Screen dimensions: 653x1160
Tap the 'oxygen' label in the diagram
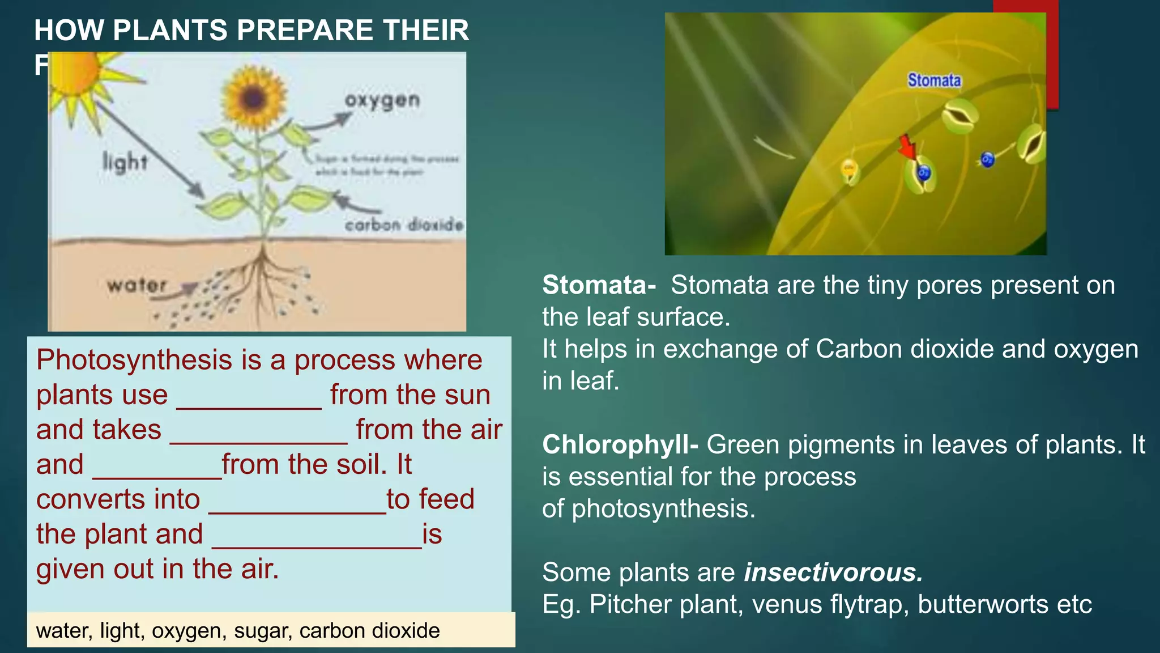pos(382,100)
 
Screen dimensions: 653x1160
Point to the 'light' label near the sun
pos(125,162)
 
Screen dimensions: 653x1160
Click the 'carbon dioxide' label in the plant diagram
pos(404,225)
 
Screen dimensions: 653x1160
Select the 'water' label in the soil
pos(137,285)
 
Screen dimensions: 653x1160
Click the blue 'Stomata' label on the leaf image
pos(934,80)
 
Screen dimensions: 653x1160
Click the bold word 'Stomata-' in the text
pos(599,285)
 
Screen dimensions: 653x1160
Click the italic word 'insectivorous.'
pos(833,573)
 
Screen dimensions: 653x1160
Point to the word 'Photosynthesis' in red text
pos(134,360)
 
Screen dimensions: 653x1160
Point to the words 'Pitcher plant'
pos(666,604)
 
